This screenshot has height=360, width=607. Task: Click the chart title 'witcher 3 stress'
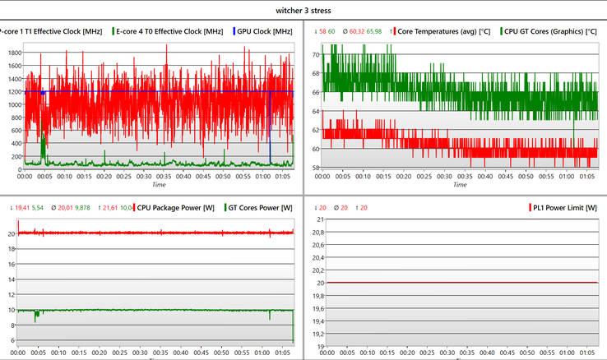[303, 11]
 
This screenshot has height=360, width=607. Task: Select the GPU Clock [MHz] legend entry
[265, 31]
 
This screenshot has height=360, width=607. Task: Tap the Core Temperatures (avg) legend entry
[445, 31]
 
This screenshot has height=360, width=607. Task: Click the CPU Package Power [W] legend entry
[175, 208]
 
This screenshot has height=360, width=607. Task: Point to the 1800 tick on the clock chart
[14, 53]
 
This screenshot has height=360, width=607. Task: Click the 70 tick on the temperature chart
[314, 54]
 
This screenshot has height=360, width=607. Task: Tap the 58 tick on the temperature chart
[314, 168]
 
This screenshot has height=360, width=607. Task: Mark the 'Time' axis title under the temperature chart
[459, 185]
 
